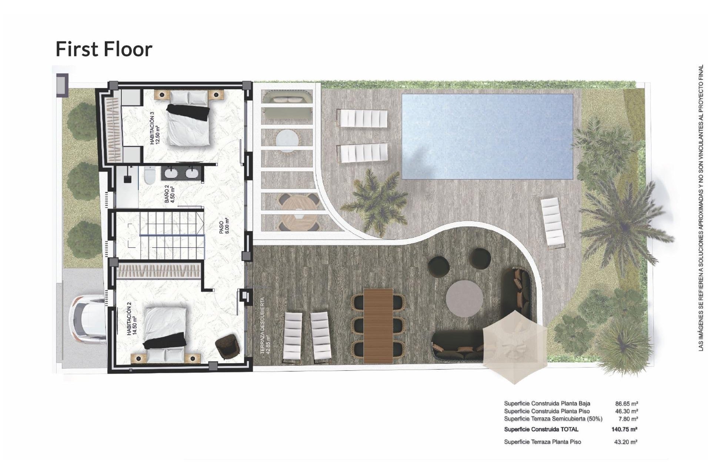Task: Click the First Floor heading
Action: point(104,49)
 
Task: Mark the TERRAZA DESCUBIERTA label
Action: point(266,326)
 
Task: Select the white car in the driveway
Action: point(88,321)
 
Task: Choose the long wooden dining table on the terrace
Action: point(378,326)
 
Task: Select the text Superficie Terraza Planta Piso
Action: point(543,442)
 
